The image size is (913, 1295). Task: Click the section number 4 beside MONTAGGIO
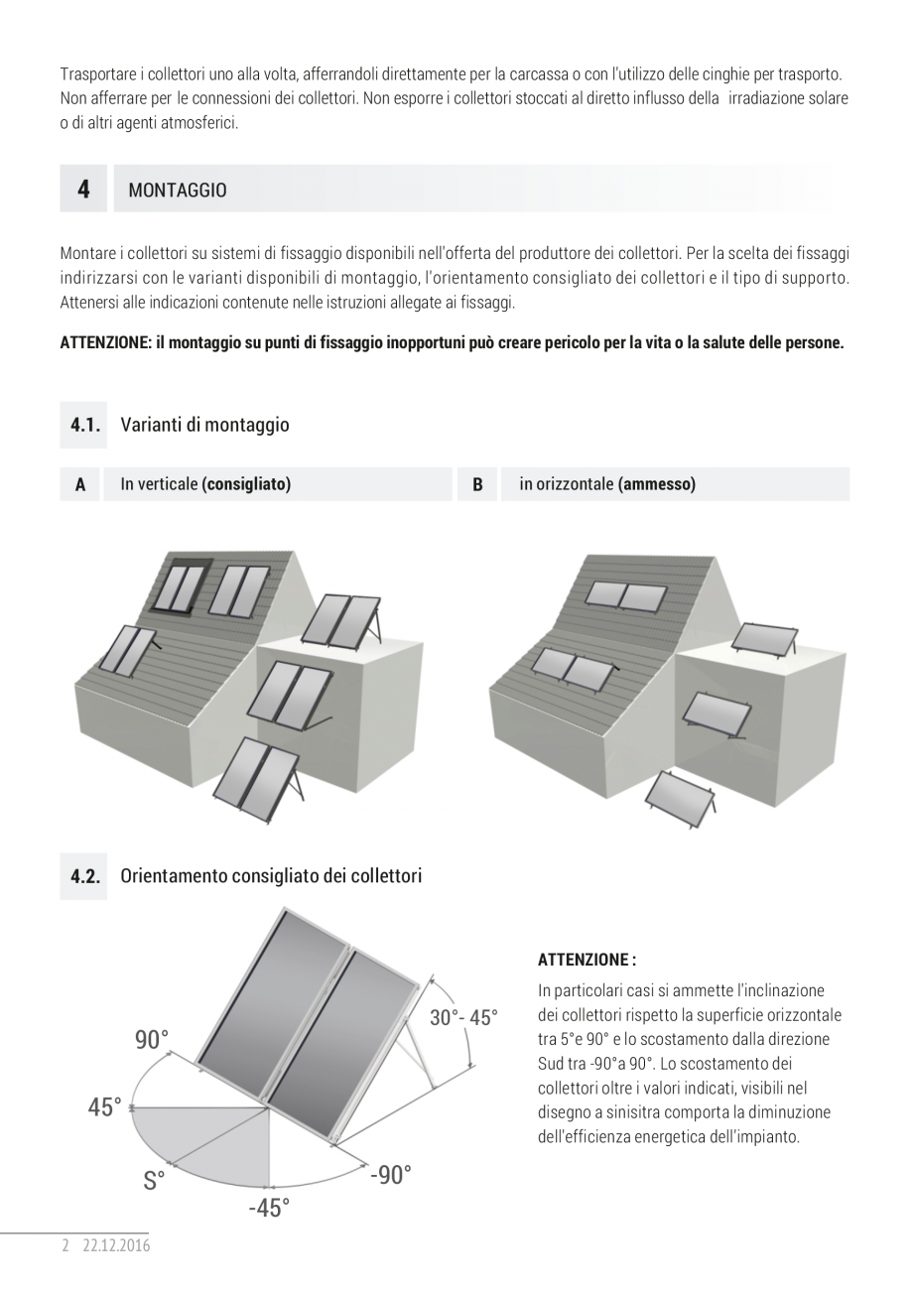83,189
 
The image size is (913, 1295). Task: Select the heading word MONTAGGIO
178,191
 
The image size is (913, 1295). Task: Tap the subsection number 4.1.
84,425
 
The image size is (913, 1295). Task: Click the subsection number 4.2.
85,876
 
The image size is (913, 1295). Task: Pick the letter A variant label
80,485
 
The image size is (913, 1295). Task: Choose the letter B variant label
477,485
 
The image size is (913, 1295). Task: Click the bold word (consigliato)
246,484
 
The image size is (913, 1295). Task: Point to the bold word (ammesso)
656,484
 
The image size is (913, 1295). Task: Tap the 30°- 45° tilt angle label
463,1018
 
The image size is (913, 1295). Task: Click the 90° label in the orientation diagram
152,1040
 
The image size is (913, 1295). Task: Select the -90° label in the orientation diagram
390,1175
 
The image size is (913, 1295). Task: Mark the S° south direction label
154,1181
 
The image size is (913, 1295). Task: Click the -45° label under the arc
269,1208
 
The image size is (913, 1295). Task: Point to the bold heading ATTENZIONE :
587,960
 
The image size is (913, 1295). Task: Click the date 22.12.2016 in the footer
116,1245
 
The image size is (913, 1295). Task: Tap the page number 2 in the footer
65,1245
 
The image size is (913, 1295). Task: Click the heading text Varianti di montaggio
204,425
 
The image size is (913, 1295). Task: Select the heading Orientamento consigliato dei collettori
271,876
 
